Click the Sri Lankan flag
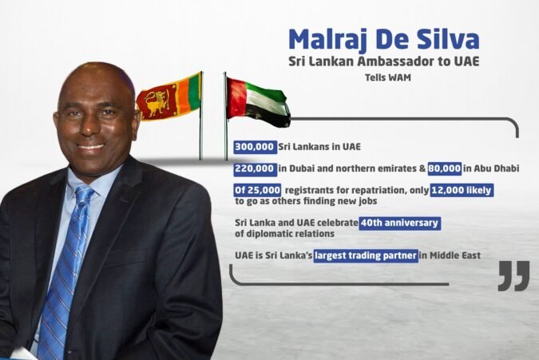168,97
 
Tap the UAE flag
258,102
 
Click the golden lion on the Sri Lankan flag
156,102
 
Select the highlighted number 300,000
255,147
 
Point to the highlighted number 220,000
255,169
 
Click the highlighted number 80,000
445,168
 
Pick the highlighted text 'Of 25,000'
257,190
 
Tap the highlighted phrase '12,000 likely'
462,190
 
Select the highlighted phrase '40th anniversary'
400,223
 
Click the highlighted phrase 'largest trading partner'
366,255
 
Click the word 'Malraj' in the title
329,39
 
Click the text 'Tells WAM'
388,77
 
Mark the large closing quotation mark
514,276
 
